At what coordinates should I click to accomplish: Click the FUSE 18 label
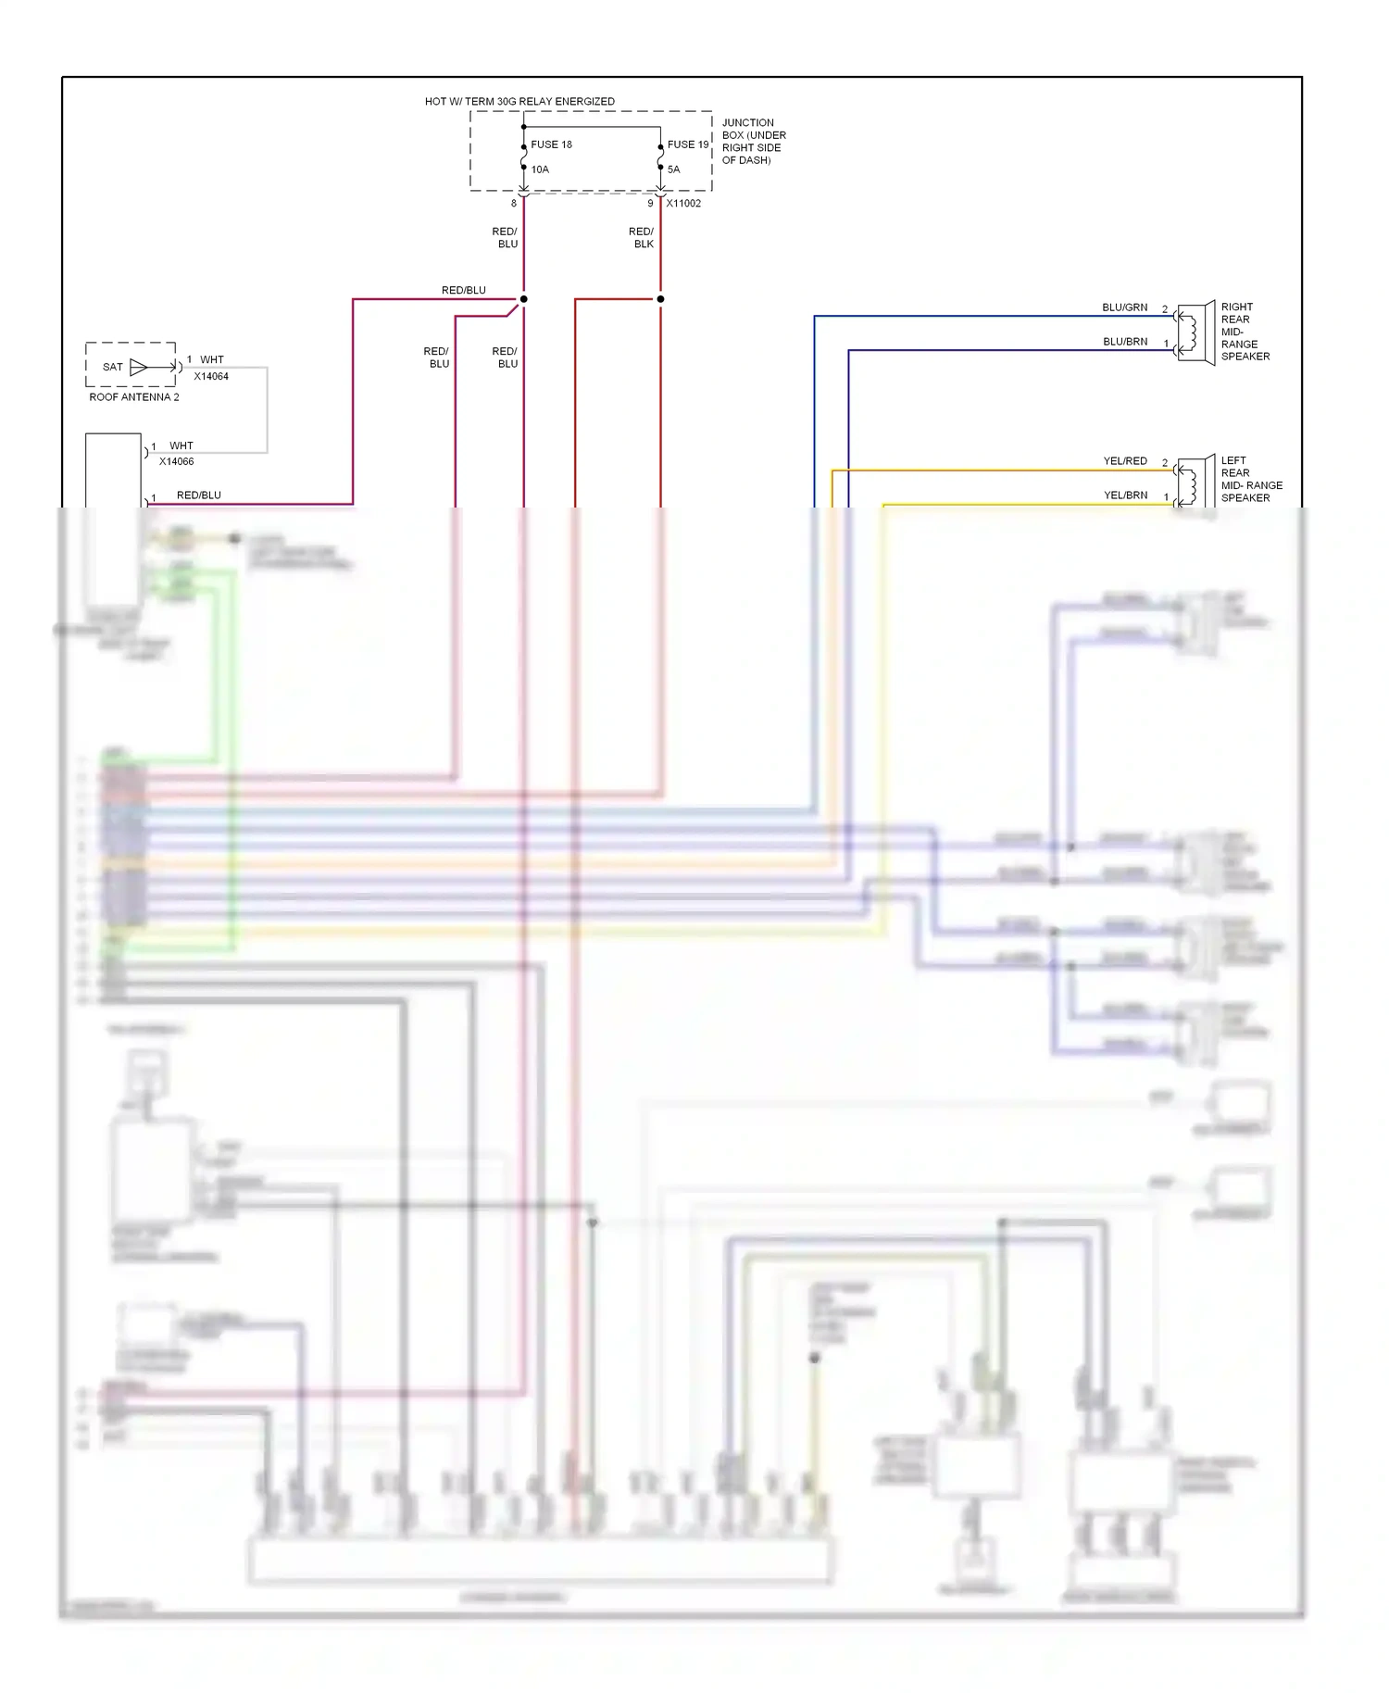tap(551, 144)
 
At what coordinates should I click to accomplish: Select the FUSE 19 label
tap(687, 144)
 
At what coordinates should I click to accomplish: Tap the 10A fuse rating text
tap(540, 169)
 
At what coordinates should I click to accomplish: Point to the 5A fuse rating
tap(673, 169)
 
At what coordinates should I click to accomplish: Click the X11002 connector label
tap(683, 204)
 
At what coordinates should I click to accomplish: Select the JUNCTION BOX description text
tap(753, 141)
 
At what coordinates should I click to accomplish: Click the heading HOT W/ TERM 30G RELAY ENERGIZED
tap(519, 102)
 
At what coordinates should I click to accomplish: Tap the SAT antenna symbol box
tap(131, 367)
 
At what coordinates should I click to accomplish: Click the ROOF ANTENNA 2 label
tap(134, 397)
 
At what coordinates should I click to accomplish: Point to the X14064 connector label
tap(211, 377)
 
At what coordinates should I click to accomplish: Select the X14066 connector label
tap(176, 461)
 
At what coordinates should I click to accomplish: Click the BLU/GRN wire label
tap(1124, 307)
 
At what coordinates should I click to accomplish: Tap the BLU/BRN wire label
tap(1124, 342)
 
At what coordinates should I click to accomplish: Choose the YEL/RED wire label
tap(1124, 461)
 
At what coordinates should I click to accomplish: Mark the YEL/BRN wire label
tap(1124, 495)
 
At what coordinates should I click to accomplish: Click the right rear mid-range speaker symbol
tap(1195, 332)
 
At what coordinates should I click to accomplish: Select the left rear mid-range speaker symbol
tap(1195, 483)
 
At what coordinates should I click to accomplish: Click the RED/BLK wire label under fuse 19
tap(642, 238)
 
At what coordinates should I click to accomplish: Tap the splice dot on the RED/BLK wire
tap(660, 299)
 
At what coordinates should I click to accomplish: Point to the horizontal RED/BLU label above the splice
tap(463, 291)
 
